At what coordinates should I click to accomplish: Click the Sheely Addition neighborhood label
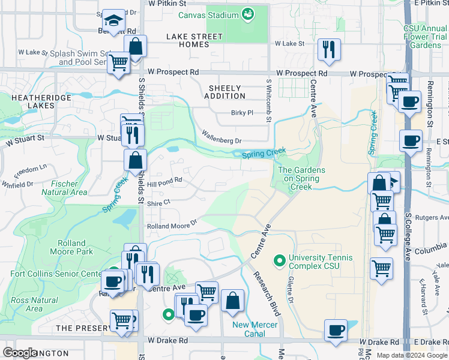(x=225, y=92)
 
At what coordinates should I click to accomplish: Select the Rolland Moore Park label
(x=76, y=247)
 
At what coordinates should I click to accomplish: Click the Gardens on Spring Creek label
(x=301, y=178)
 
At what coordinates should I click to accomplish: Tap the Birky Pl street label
(x=243, y=113)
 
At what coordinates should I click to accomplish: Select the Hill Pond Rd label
(x=164, y=179)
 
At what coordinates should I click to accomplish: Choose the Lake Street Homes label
(x=194, y=40)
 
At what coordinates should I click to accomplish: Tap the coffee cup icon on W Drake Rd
(x=336, y=329)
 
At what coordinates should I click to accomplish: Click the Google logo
(x=20, y=353)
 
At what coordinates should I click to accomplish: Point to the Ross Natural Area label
(x=35, y=304)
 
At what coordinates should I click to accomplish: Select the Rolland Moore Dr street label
(x=172, y=226)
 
